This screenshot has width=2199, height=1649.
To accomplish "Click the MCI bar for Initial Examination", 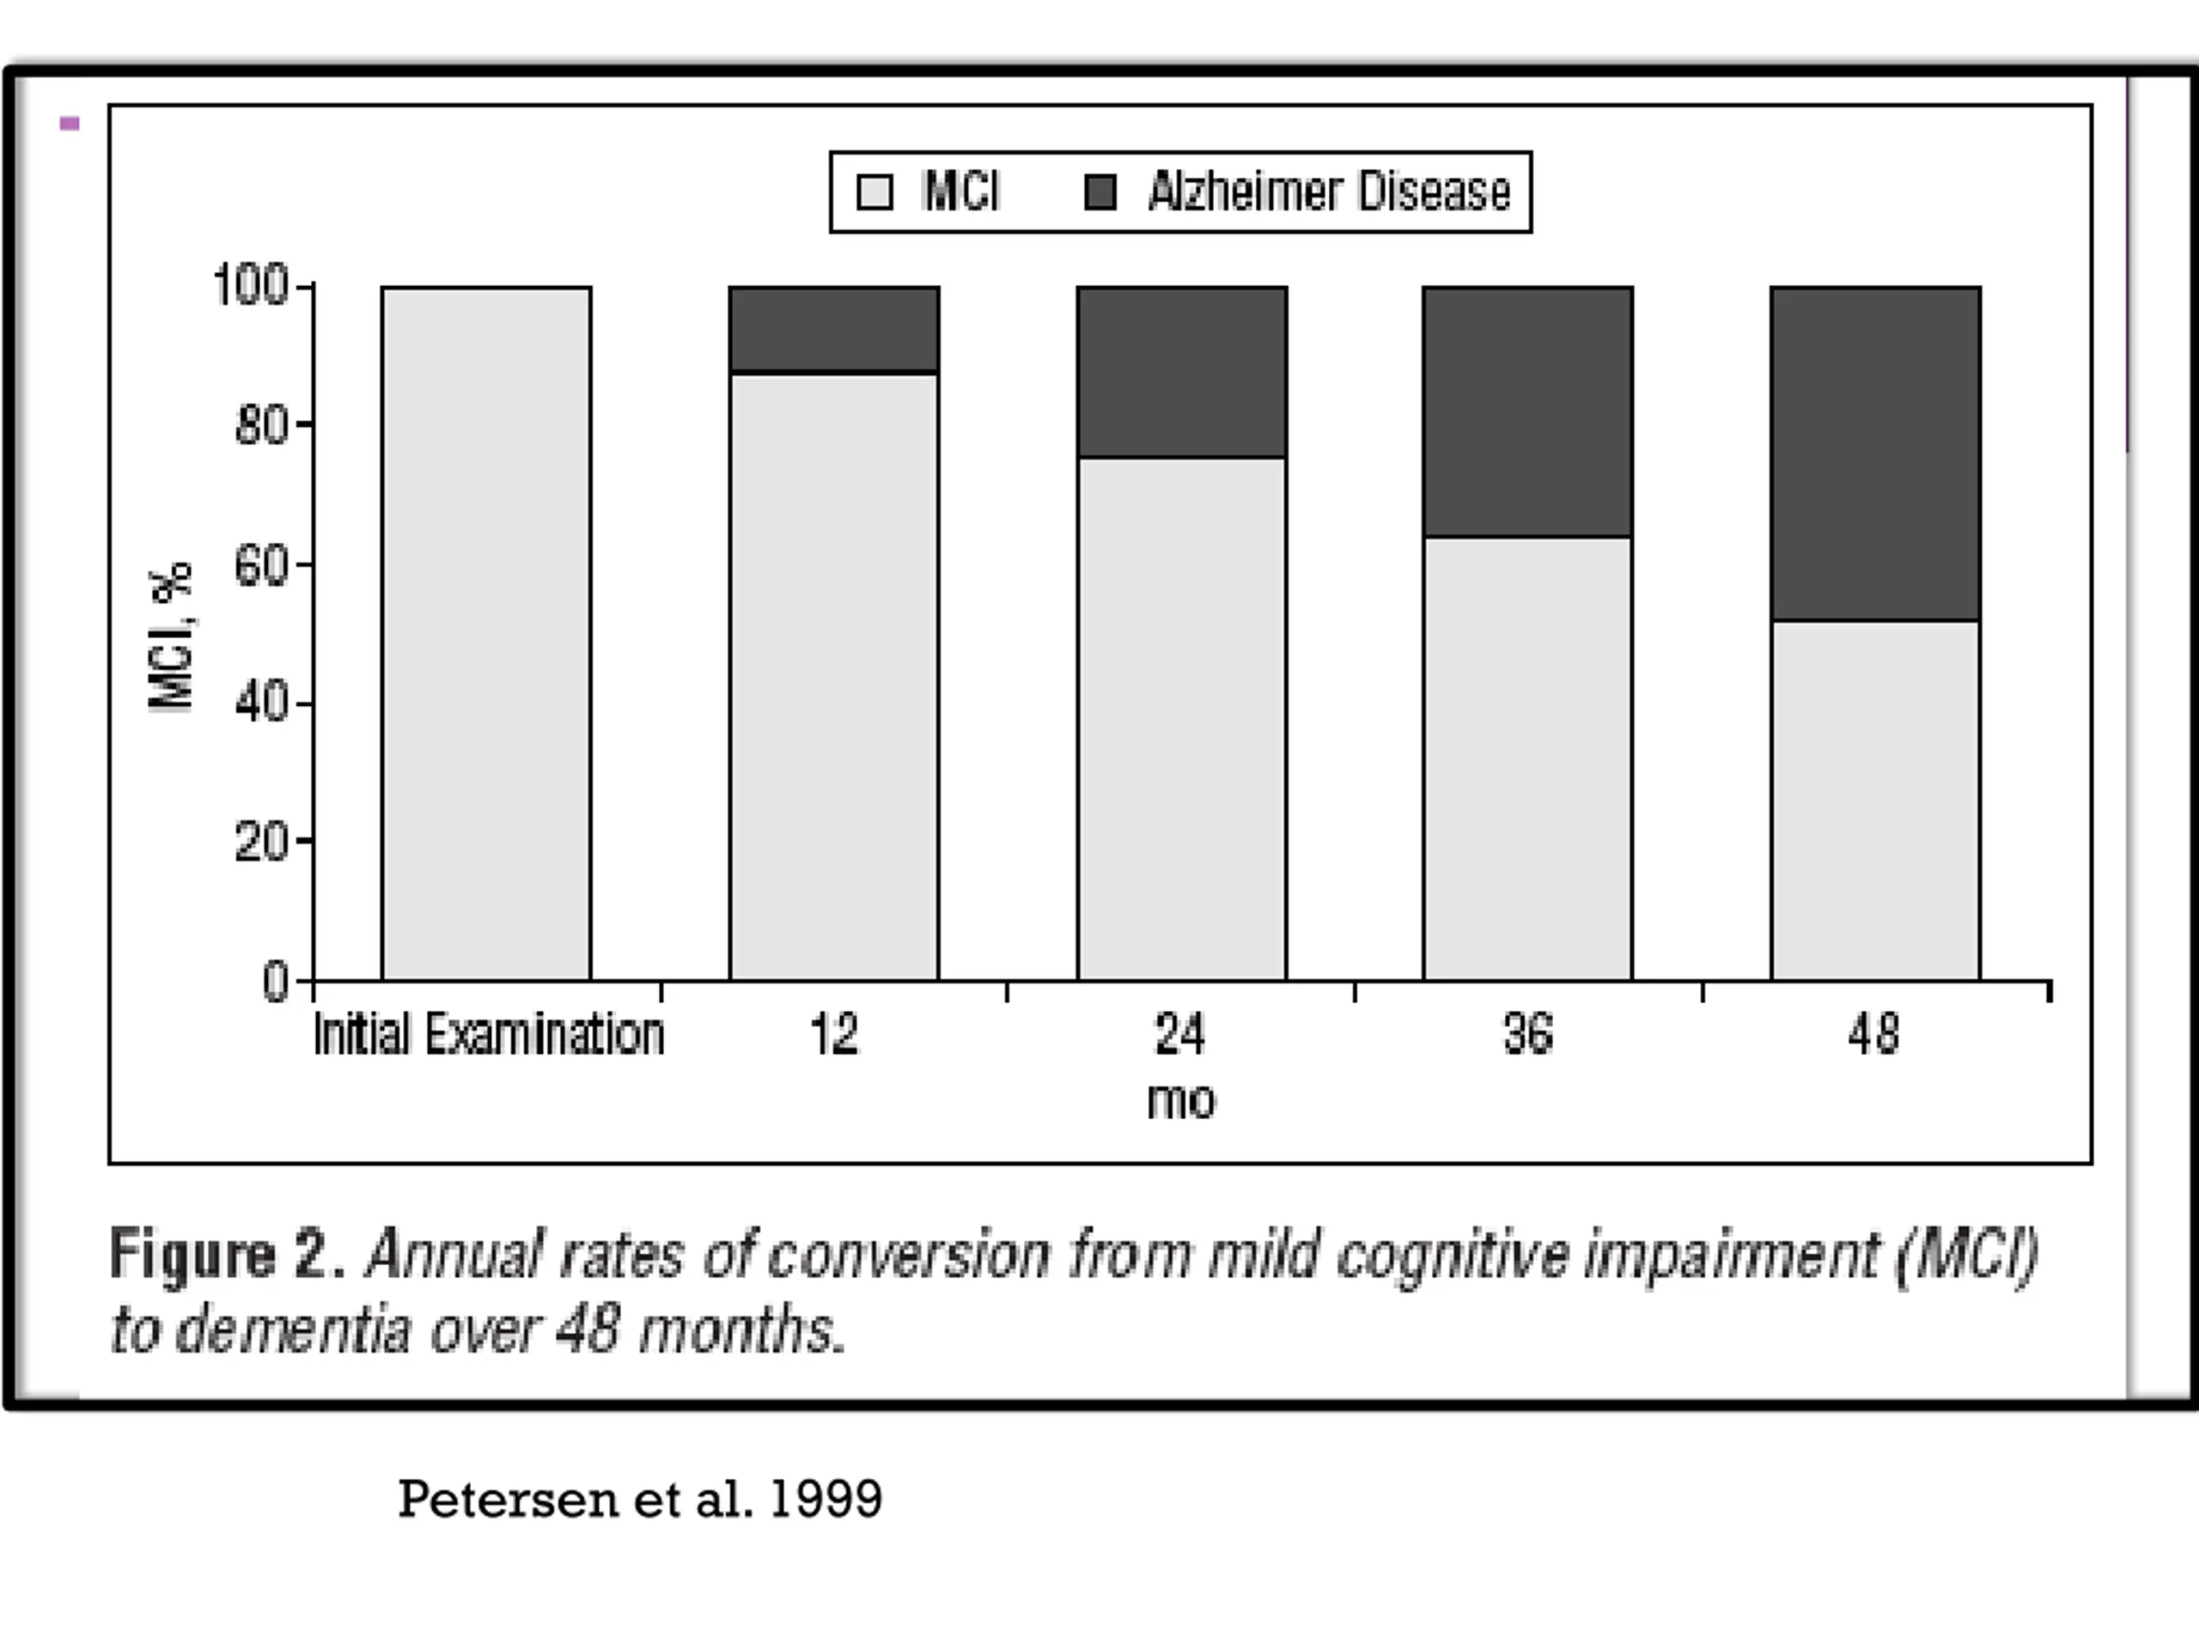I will tap(486, 634).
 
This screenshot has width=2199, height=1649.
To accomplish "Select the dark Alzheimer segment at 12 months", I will tap(834, 329).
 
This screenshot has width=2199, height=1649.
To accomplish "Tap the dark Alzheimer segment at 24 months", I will tap(1182, 372).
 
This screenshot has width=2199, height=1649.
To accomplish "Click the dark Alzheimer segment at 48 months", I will tap(1875, 453).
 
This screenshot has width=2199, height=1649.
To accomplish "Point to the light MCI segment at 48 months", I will tap(1875, 801).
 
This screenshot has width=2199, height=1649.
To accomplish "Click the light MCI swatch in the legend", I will tap(874, 192).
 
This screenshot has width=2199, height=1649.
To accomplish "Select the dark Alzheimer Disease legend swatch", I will tap(1100, 192).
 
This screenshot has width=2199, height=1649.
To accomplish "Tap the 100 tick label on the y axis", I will tap(251, 285).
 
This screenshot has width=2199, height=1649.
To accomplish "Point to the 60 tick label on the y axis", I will tap(260, 567).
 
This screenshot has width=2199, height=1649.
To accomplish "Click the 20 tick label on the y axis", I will tap(260, 843).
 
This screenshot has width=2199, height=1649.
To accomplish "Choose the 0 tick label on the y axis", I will tap(274, 982).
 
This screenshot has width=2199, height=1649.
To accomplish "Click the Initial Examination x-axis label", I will tap(488, 1035).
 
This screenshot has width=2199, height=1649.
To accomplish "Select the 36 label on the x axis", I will tap(1528, 1035).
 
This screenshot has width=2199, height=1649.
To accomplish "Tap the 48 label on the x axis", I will tap(1874, 1035).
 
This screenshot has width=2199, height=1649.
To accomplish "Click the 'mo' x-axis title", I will tap(1181, 1101).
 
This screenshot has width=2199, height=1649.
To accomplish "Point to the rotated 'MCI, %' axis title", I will tap(171, 636).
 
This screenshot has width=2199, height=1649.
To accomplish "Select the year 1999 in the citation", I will tap(825, 1500).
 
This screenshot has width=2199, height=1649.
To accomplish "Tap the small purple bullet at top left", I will tap(70, 124).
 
